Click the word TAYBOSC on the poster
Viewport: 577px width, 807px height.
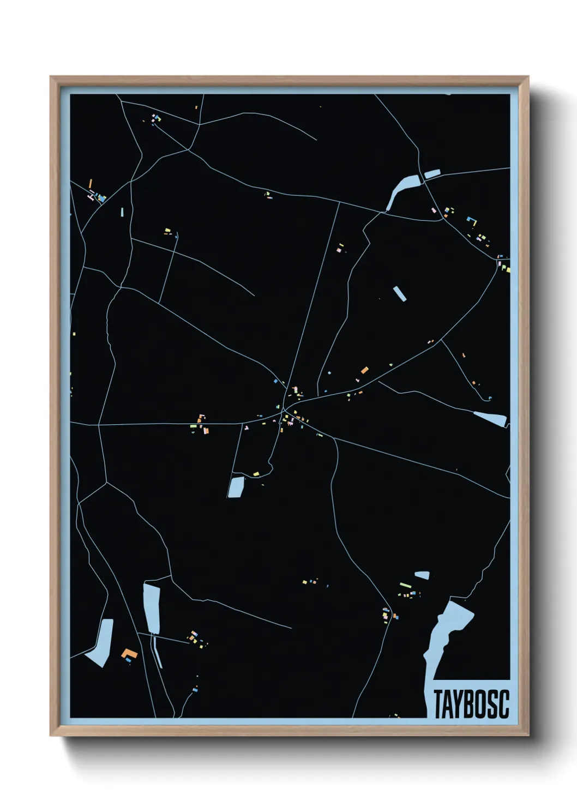[x=471, y=704]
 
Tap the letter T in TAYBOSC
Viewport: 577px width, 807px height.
[x=438, y=704]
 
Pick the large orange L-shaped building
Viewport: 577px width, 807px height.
[x=129, y=653]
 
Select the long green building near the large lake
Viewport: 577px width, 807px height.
[x=405, y=586]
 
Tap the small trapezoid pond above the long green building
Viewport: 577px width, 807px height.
[x=422, y=575]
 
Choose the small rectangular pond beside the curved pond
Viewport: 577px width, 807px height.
[x=432, y=174]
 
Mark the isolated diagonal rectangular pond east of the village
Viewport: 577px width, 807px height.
[x=400, y=293]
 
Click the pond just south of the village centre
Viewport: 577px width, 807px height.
[x=236, y=486]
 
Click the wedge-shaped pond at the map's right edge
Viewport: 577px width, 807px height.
[x=491, y=419]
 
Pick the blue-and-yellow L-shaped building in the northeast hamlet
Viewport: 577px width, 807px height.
[x=472, y=221]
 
